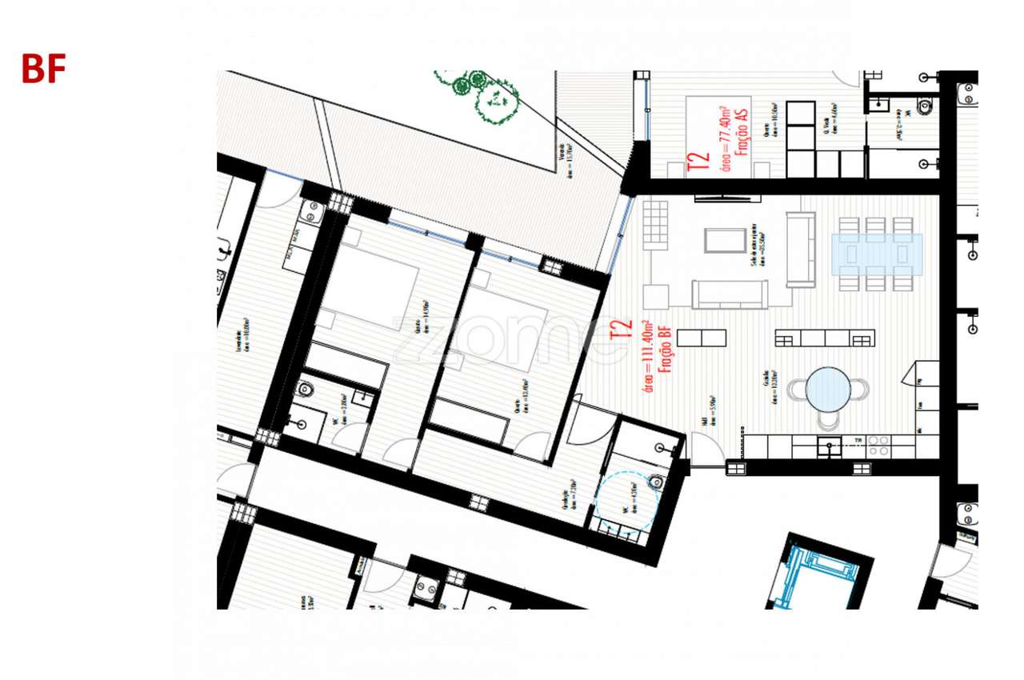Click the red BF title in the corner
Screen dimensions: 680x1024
pyautogui.click(x=43, y=70)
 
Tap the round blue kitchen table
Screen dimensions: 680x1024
pyautogui.click(x=828, y=390)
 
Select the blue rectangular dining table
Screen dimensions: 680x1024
pyautogui.click(x=877, y=254)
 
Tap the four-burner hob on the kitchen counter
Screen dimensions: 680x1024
pyautogui.click(x=878, y=446)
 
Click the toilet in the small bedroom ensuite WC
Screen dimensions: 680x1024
pyautogui.click(x=306, y=390)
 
